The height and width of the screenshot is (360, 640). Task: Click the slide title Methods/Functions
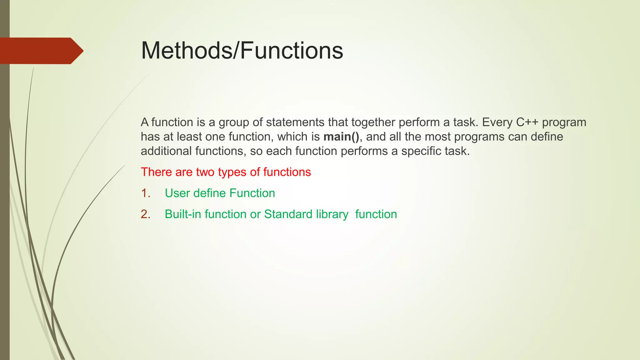pyautogui.click(x=242, y=51)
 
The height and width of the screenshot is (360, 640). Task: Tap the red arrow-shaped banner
pyautogui.click(x=41, y=51)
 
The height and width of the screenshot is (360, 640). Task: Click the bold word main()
pyautogui.click(x=341, y=137)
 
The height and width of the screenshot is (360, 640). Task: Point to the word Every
pyautogui.click(x=497, y=122)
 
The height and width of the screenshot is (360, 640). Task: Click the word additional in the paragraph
pyautogui.click(x=166, y=151)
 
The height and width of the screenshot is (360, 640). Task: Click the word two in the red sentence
pyautogui.click(x=205, y=172)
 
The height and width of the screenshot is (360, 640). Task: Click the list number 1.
pyautogui.click(x=145, y=193)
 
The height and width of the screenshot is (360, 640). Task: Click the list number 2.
pyautogui.click(x=145, y=214)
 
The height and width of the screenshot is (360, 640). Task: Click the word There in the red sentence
pyautogui.click(x=156, y=172)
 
